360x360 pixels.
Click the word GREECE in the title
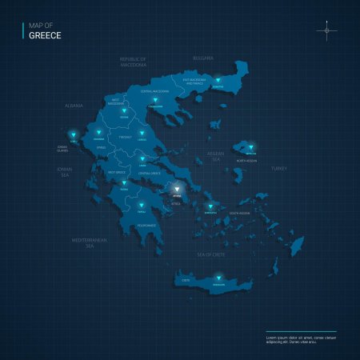click(x=45, y=35)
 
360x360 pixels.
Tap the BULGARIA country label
click(x=204, y=58)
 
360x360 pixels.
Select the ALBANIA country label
click(x=74, y=106)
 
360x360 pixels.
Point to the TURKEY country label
click(x=278, y=169)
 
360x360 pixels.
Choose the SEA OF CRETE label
click(x=212, y=254)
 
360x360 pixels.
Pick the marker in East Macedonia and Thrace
click(x=217, y=80)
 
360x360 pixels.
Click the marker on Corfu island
click(x=74, y=134)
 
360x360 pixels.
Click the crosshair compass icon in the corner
click(x=326, y=31)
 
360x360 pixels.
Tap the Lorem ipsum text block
click(x=300, y=340)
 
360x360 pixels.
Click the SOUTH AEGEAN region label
click(x=239, y=214)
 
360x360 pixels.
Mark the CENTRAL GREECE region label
click(x=150, y=173)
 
